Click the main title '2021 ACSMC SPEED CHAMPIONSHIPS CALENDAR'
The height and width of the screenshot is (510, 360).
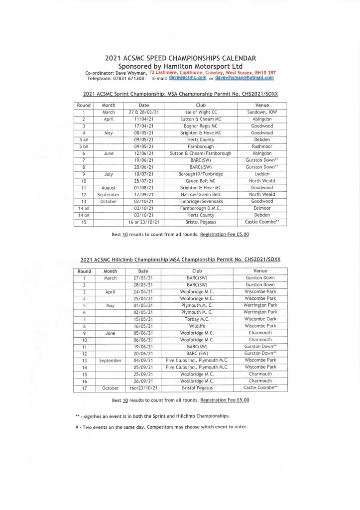click(180, 58)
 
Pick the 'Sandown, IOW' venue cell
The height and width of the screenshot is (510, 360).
click(262, 112)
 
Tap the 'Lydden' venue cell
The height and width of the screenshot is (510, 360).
click(262, 174)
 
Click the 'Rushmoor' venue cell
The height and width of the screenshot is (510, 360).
click(262, 146)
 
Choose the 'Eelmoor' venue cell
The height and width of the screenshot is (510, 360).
click(262, 208)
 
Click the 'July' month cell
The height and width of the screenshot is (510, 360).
click(109, 174)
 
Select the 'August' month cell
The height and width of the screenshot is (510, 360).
click(109, 187)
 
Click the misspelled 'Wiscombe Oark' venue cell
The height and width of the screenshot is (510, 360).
click(260, 319)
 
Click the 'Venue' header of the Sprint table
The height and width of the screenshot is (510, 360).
click(262, 105)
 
